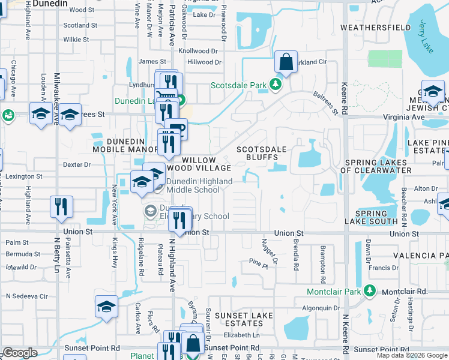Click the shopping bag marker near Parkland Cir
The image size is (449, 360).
286,62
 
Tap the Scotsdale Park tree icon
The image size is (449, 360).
276,85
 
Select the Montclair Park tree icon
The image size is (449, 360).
370,292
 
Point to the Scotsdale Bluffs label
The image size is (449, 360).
261,153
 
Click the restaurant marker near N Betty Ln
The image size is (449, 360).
62,206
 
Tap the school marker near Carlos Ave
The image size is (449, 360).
106,307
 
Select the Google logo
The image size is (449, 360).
20,352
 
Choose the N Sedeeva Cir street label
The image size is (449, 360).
26,296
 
